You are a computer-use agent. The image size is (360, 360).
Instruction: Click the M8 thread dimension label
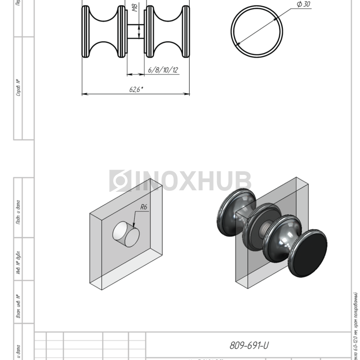134,9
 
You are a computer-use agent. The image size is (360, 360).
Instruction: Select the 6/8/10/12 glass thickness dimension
163,70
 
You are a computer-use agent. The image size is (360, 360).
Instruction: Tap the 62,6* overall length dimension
136,89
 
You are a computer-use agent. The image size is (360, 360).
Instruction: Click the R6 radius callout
144,208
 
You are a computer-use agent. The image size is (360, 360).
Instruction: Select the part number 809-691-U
249,346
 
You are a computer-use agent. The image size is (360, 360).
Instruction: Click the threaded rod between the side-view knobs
136,32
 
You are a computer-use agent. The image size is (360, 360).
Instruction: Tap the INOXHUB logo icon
120,181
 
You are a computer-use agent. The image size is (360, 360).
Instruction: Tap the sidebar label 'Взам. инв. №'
19,306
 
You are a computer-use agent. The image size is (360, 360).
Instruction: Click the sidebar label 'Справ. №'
19,87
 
